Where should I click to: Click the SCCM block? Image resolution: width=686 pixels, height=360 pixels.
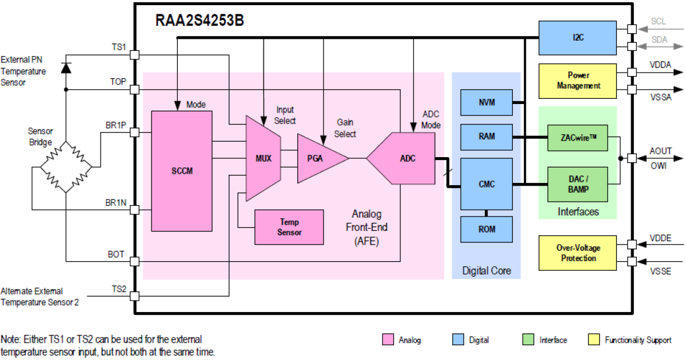[181, 171]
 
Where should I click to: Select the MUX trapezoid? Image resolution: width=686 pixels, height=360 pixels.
[263, 158]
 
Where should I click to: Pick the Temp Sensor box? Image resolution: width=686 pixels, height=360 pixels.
[289, 227]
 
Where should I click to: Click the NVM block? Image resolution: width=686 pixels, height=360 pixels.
[486, 103]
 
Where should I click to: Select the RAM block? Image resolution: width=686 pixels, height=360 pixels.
[486, 137]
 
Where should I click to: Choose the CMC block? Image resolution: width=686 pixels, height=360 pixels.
[486, 184]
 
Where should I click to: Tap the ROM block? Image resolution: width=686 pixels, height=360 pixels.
[486, 229]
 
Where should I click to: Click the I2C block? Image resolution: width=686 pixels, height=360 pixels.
[577, 38]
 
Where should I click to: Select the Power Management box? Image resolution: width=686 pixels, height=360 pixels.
[577, 81]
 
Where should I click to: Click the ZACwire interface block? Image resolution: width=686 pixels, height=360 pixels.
[577, 137]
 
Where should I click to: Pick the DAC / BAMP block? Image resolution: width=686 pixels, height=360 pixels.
[577, 184]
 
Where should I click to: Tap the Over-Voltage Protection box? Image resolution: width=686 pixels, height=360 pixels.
[577, 253]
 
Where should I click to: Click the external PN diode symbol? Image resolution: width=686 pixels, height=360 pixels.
[66, 67]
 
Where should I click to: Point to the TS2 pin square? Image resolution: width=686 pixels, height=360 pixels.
[135, 296]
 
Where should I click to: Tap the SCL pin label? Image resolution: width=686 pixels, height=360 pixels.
[659, 22]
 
